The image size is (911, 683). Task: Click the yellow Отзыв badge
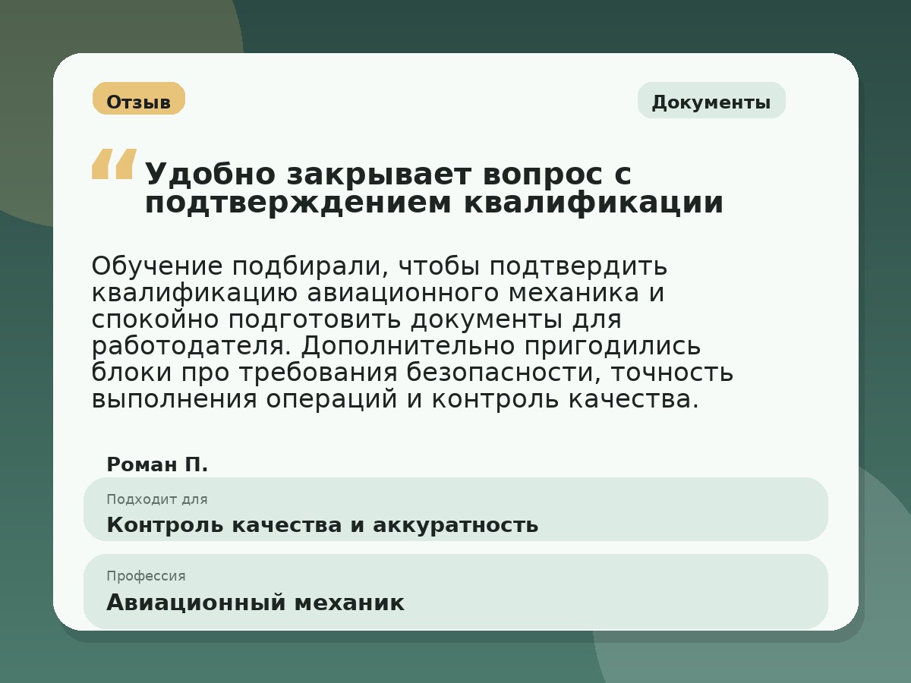[139, 99]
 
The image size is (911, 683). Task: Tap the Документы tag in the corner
[711, 101]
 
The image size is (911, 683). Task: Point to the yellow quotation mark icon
[114, 164]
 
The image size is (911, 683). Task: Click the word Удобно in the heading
[210, 175]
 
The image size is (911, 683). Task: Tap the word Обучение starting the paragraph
[156, 266]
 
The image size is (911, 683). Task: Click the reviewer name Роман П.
[157, 464]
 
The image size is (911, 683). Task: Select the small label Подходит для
[156, 499]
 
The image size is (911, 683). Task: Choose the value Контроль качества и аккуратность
[322, 524]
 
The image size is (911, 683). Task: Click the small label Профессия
[146, 576]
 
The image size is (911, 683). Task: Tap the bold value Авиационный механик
[255, 603]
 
